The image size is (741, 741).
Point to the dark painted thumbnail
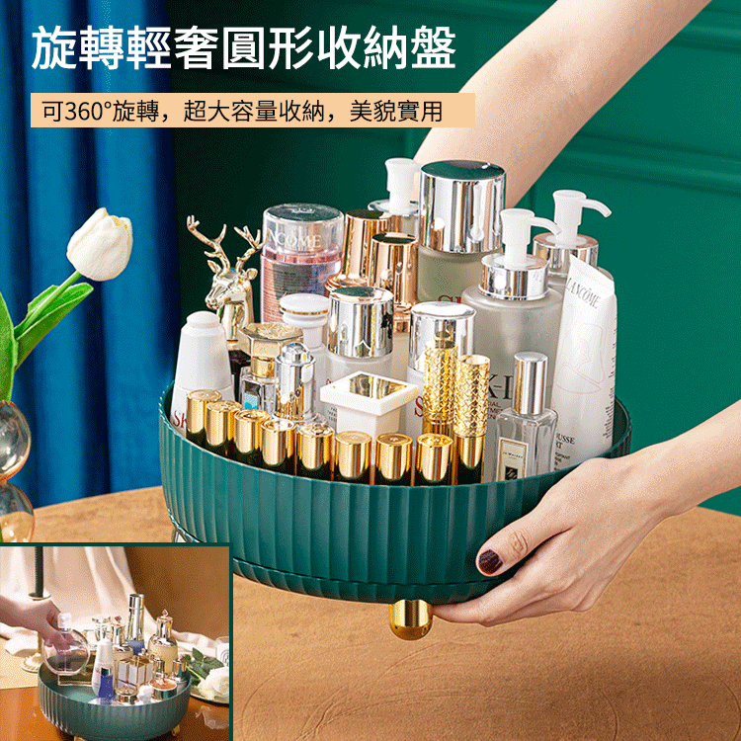pyautogui.click(x=490, y=560)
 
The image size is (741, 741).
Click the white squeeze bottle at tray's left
pyautogui.click(x=203, y=361)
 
